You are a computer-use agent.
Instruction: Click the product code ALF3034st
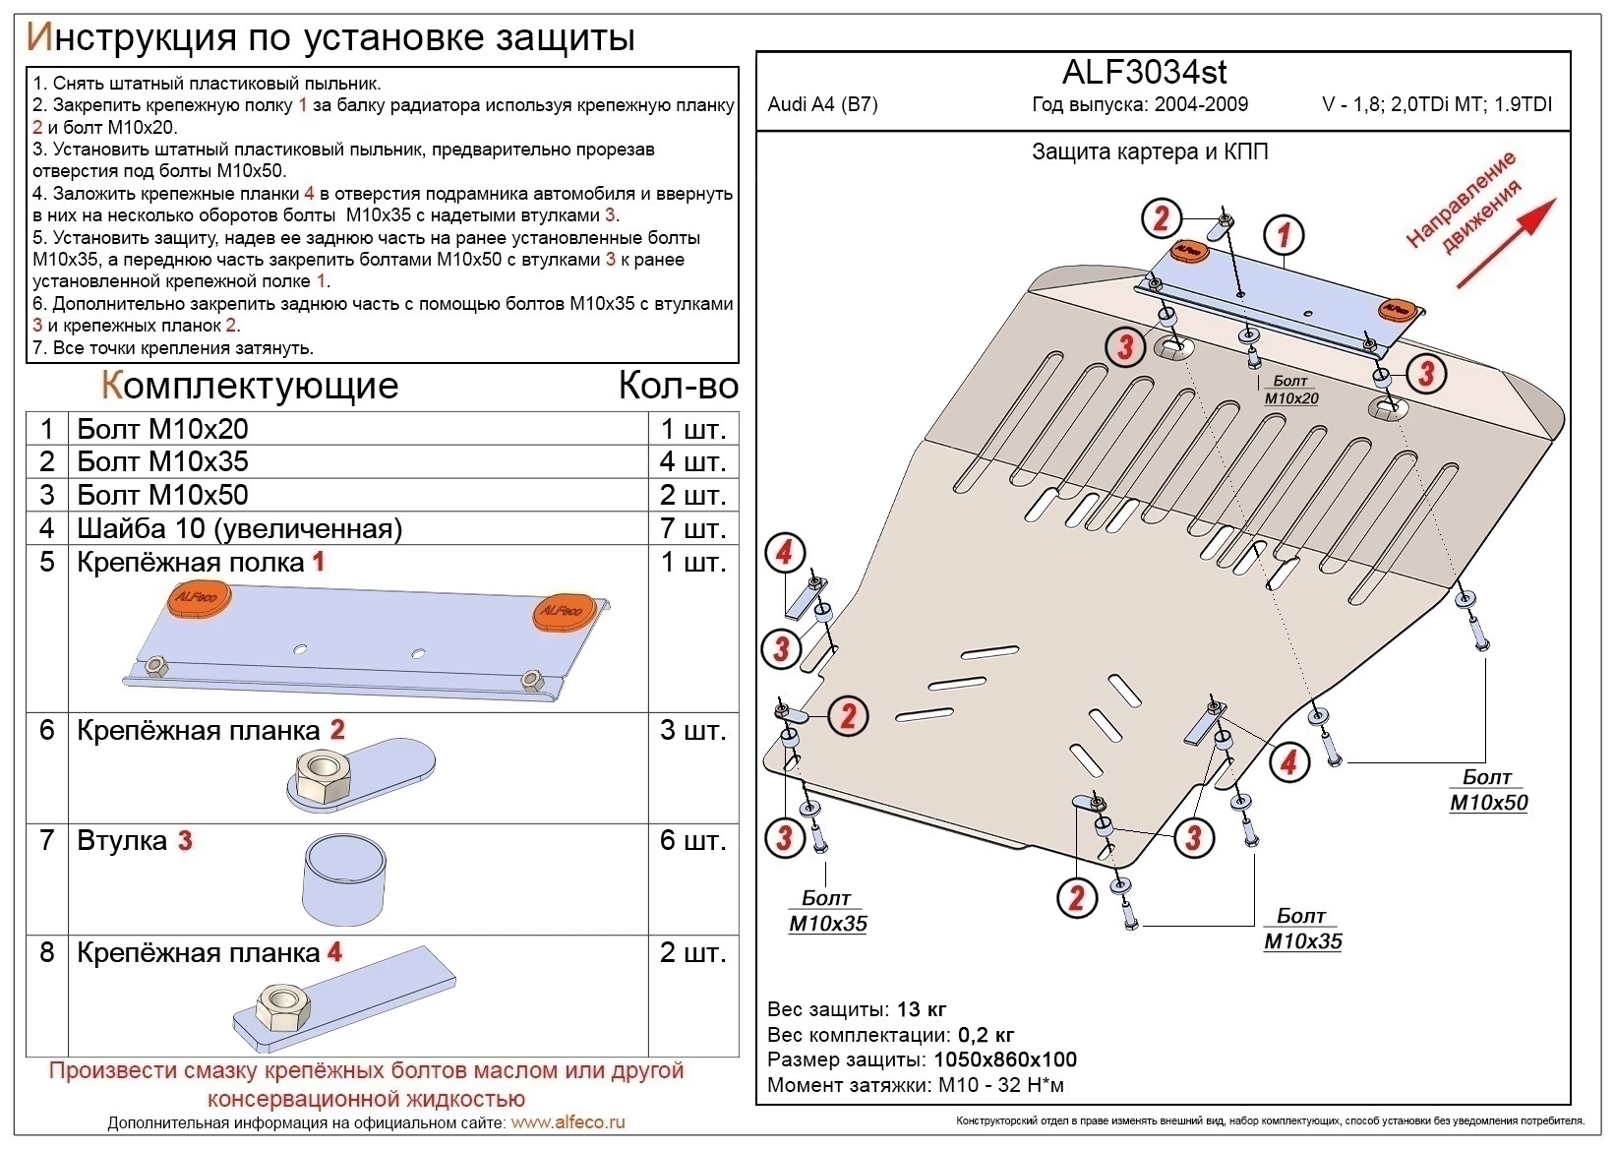pos(1144,73)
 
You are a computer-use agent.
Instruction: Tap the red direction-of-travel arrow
pos(1505,243)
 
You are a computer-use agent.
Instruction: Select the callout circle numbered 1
pos(1283,235)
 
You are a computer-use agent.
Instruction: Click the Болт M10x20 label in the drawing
pos(1290,390)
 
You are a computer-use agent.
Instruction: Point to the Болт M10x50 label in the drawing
pos(1487,790)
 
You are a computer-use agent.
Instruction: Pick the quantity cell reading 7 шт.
pos(692,528)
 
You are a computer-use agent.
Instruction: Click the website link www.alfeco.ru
pos(568,1122)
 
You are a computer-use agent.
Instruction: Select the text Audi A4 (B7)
pos(822,105)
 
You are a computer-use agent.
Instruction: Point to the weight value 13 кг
pos(922,1009)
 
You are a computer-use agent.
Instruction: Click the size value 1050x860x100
pos(1004,1059)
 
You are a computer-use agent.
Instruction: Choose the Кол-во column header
pos(678,386)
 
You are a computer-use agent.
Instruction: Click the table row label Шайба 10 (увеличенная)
pos(239,528)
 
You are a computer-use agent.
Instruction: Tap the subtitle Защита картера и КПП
pos(1149,151)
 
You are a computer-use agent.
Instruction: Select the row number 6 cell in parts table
pos(46,730)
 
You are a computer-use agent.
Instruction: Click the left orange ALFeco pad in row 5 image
pos(200,599)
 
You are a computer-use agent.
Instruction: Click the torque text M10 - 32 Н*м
pos(1000,1085)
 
